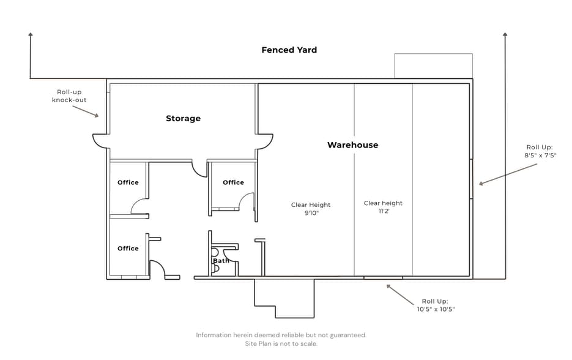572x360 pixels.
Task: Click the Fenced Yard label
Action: pos(289,50)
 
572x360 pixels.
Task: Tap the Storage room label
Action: pos(183,118)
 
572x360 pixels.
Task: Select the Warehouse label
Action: pos(353,145)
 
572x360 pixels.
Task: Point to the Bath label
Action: pos(221,260)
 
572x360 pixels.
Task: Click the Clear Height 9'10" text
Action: pos(311,209)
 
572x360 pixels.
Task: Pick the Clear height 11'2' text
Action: pos(383,207)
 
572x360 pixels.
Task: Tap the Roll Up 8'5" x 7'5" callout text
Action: pos(540,151)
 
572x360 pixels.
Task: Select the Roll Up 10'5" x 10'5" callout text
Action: pos(436,306)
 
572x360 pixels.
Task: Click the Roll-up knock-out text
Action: pos(69,96)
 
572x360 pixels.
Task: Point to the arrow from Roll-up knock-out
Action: pos(86,111)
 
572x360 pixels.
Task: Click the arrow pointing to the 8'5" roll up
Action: pos(508,174)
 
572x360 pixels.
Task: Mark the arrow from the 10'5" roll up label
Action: pos(400,294)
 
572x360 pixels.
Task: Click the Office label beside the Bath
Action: pos(128,249)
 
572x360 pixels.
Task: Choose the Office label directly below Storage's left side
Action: pos(128,182)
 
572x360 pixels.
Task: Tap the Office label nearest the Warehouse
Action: pos(234,182)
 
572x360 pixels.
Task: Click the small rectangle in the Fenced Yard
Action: pos(433,54)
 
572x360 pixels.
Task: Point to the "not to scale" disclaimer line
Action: pos(281,343)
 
